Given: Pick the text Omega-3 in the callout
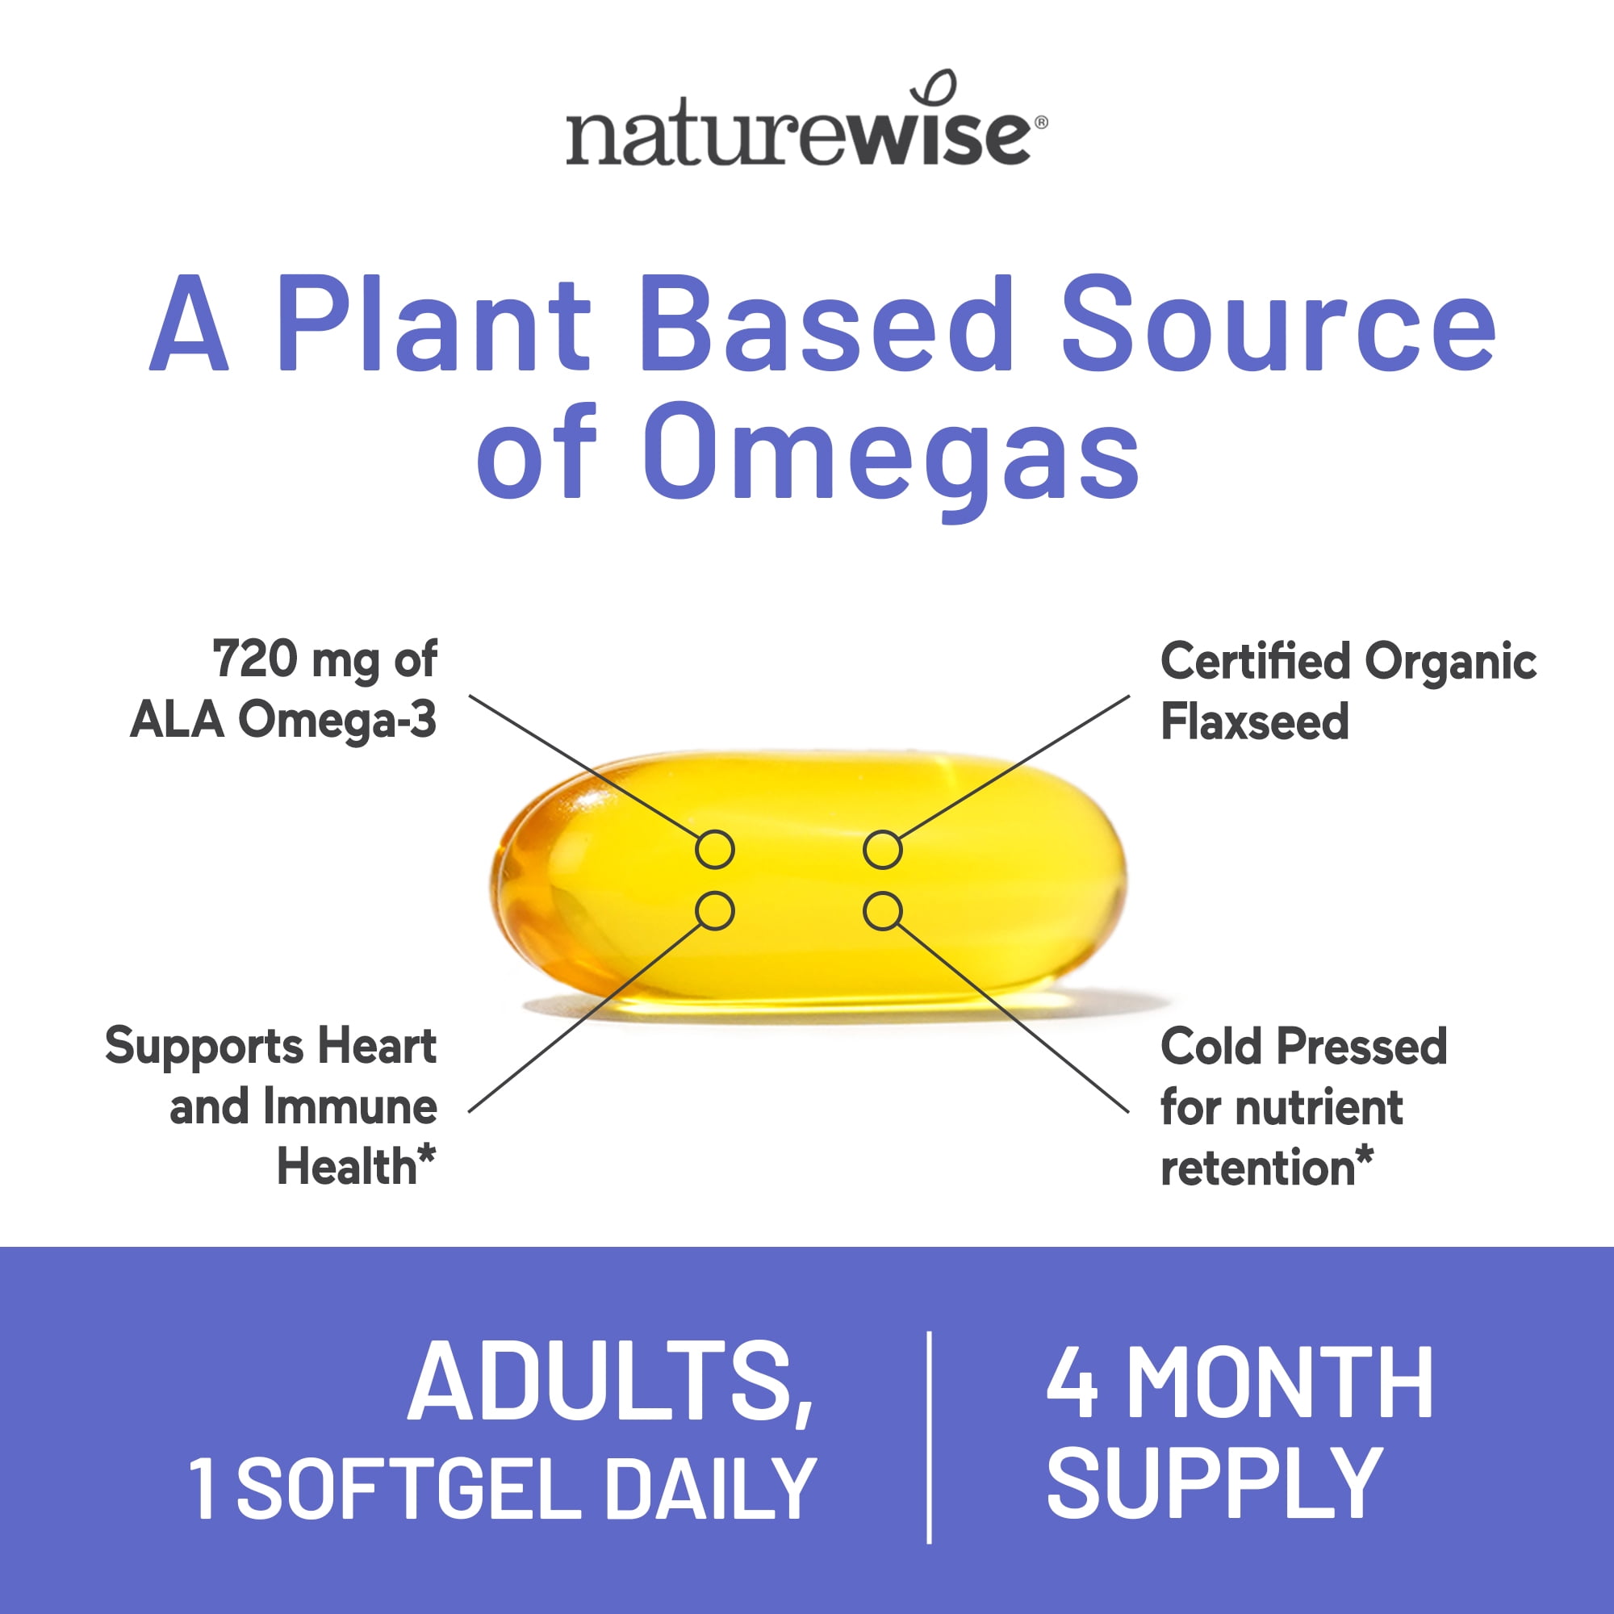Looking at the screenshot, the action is [337, 719].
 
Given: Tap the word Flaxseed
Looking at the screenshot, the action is [1255, 721].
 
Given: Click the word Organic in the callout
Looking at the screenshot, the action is [1450, 662].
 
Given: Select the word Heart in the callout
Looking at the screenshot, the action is [377, 1046].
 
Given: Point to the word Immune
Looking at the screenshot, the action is [351, 1106].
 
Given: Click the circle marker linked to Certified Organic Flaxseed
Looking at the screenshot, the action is [882, 850].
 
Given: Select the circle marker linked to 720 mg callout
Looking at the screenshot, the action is [715, 850].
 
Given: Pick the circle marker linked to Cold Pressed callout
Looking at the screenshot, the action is [882, 910].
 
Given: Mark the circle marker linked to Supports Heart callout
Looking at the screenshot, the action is [715, 910].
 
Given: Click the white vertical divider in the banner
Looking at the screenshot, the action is [929, 1437].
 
